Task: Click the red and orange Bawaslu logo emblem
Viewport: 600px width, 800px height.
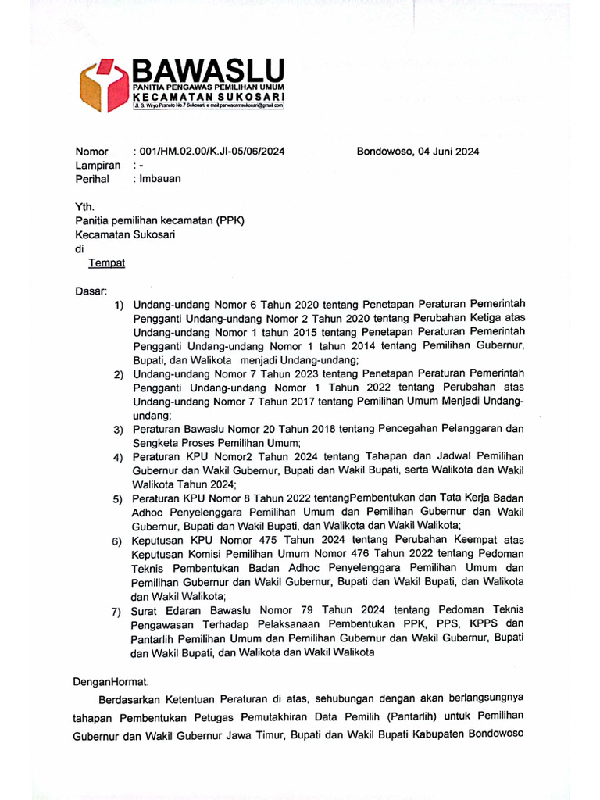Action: (104, 86)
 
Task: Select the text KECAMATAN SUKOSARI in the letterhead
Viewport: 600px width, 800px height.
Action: (208, 96)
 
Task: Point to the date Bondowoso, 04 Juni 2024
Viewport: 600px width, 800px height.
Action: (418, 152)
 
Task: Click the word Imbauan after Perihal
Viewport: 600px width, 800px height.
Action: (159, 178)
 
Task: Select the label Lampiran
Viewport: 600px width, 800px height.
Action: (98, 165)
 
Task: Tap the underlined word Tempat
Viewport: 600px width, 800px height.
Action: (107, 263)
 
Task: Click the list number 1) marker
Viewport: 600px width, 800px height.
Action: (119, 305)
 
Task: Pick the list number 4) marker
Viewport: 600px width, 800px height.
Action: (119, 458)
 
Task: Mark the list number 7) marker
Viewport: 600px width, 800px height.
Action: (119, 611)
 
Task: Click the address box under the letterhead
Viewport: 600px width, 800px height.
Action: (208, 105)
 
